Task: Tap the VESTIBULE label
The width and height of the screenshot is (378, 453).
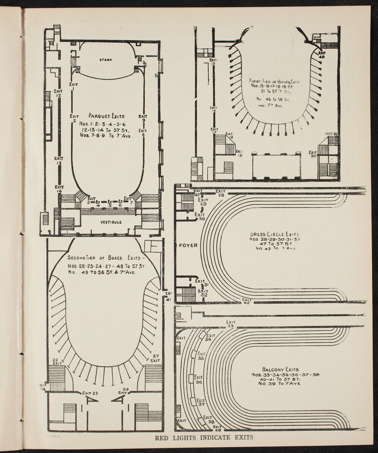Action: coord(111,222)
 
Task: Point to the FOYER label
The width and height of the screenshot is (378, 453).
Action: coord(188,246)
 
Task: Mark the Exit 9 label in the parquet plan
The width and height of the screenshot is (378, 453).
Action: coord(143,118)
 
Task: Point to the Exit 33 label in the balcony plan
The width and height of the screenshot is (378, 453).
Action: coord(231,324)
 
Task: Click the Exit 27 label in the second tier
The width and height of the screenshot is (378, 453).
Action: coord(156,358)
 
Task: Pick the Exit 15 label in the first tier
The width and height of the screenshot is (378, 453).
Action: coord(213,62)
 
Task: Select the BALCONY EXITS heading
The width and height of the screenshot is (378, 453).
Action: coord(276,369)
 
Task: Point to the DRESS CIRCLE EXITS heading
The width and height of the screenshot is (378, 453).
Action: coord(274,234)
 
